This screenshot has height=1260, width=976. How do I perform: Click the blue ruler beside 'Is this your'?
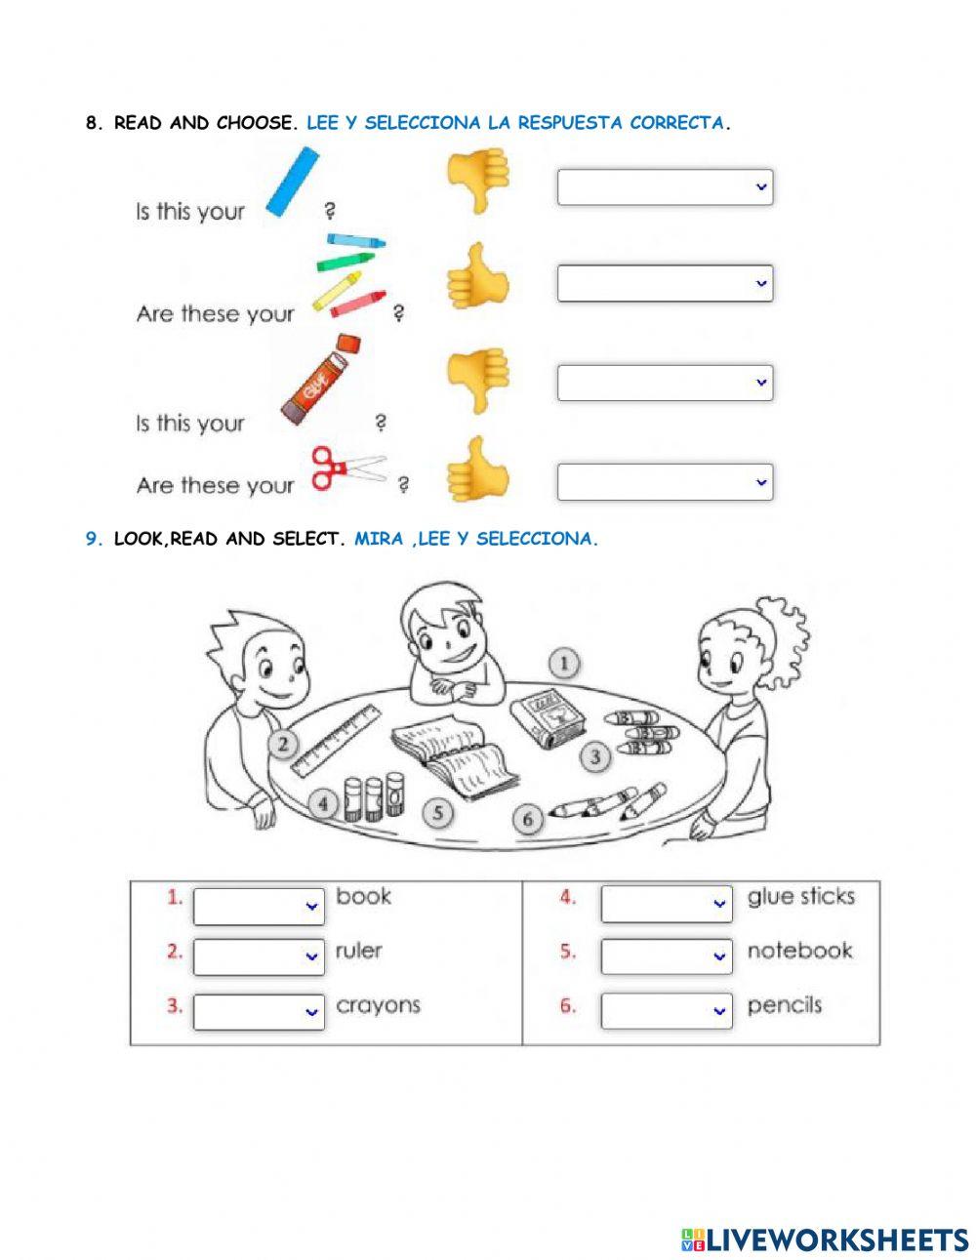pyautogui.click(x=293, y=182)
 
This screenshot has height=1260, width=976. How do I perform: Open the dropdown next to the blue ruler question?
pyautogui.click(x=665, y=187)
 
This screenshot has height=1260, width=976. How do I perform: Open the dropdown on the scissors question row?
pyautogui.click(x=665, y=482)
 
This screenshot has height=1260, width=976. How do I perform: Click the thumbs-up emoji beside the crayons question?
pyautogui.click(x=478, y=279)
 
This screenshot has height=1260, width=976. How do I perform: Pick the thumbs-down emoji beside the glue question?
pyautogui.click(x=478, y=379)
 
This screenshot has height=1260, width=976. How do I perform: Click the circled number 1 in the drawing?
pyautogui.click(x=564, y=664)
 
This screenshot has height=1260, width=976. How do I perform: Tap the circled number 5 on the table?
pyautogui.click(x=439, y=812)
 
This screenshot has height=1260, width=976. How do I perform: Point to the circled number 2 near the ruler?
pyautogui.click(x=283, y=746)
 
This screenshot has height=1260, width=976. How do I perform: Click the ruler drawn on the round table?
pyautogui.click(x=335, y=739)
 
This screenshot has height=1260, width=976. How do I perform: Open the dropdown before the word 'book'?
pyautogui.click(x=259, y=905)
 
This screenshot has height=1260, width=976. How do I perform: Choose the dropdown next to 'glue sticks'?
pyautogui.click(x=666, y=903)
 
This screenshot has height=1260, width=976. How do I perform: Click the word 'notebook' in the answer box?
pyautogui.click(x=799, y=951)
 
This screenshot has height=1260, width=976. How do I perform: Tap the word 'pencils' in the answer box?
pyautogui.click(x=784, y=1005)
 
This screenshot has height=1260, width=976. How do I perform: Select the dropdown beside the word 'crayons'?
pyautogui.click(x=259, y=1011)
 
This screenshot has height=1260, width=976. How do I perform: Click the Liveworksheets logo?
pyautogui.click(x=825, y=1240)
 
